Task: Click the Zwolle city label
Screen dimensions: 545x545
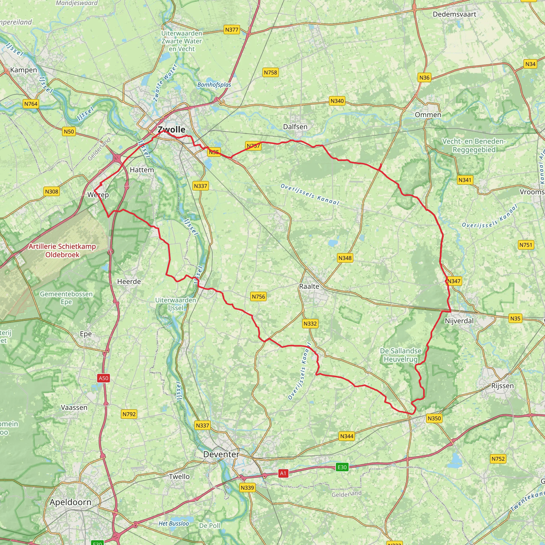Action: [172, 130]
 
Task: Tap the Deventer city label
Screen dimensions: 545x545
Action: [221, 454]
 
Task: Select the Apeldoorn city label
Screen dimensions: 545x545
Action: [71, 502]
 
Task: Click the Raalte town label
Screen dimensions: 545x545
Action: [309, 286]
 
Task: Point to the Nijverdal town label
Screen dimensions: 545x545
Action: [459, 321]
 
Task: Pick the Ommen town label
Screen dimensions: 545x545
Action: [428, 115]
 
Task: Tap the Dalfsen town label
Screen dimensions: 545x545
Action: [295, 127]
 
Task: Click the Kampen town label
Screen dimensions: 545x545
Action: [24, 70]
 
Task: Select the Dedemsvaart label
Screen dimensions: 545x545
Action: [455, 14]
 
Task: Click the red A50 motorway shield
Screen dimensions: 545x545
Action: [103, 378]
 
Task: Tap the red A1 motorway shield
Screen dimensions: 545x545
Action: [283, 473]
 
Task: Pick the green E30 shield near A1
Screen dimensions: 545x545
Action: [342, 467]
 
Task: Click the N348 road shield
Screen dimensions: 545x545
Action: [345, 258]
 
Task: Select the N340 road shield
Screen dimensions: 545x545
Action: [337, 101]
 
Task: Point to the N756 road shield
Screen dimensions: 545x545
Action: [258, 296]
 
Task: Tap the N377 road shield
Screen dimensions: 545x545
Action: [232, 30]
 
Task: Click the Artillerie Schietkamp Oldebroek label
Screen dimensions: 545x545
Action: [62, 250]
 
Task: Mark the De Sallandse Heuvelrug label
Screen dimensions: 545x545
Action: [401, 355]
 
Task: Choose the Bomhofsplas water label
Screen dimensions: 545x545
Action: [214, 85]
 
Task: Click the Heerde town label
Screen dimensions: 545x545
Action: [129, 282]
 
